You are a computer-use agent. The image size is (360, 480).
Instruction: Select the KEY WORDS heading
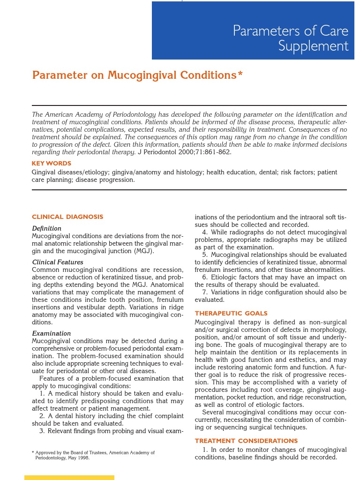(52, 164)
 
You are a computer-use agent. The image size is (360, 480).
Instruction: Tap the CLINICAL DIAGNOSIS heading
(67, 217)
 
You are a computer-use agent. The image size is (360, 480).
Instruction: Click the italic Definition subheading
(46, 228)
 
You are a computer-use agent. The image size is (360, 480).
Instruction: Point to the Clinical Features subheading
(58, 262)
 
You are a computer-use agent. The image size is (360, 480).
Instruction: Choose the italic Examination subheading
(52, 333)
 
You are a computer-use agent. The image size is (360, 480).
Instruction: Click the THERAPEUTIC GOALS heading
(231, 313)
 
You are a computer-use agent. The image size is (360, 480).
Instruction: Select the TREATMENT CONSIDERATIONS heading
(246, 441)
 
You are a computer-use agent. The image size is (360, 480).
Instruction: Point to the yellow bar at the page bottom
(69, 477)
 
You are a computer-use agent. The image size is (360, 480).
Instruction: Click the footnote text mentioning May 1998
(62, 458)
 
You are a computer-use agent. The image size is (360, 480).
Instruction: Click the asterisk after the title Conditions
(240, 74)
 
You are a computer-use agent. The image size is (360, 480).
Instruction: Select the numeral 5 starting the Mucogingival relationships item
(204, 255)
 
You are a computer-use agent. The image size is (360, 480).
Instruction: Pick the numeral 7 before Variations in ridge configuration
(204, 292)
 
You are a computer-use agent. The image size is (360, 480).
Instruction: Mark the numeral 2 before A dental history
(42, 416)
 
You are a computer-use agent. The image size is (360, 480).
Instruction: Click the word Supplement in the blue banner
(313, 46)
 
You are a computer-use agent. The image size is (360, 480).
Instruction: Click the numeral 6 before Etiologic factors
(204, 277)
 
